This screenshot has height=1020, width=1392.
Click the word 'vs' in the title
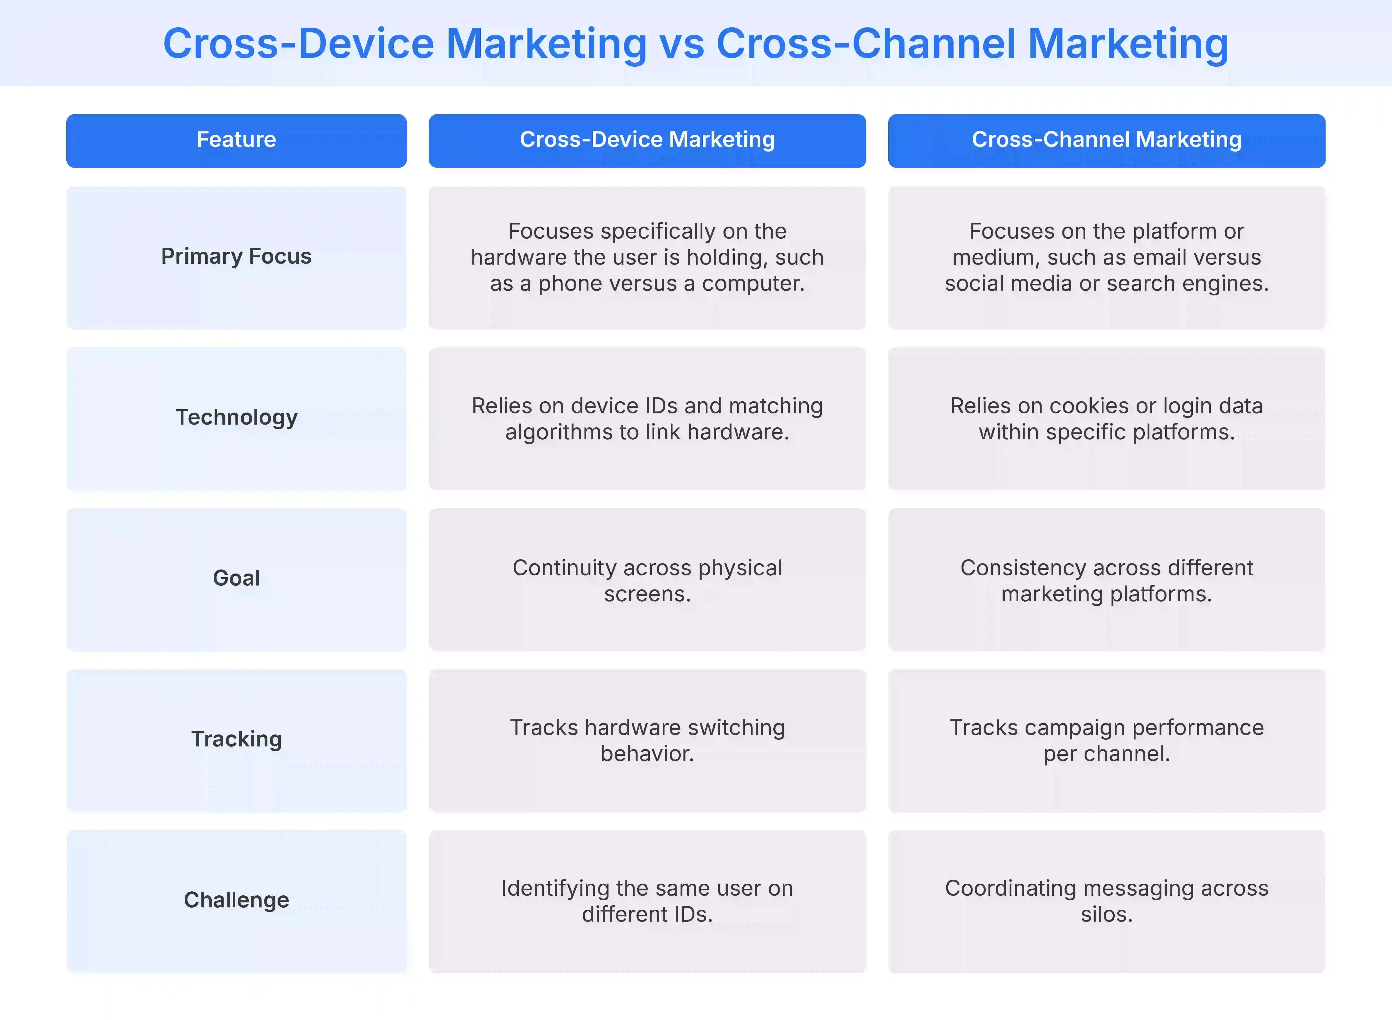[x=681, y=44]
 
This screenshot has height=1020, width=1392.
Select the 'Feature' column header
[x=236, y=140]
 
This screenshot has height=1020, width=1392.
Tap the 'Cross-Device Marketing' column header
[x=647, y=140]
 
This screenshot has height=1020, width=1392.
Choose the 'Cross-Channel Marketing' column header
[x=1106, y=140]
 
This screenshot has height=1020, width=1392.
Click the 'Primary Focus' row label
[x=236, y=256]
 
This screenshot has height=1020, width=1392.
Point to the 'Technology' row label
[x=236, y=417]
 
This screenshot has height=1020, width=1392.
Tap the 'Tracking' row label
[x=236, y=739]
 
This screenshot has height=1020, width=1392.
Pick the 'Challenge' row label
[x=236, y=900]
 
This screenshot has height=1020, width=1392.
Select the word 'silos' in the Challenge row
[x=1104, y=914]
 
